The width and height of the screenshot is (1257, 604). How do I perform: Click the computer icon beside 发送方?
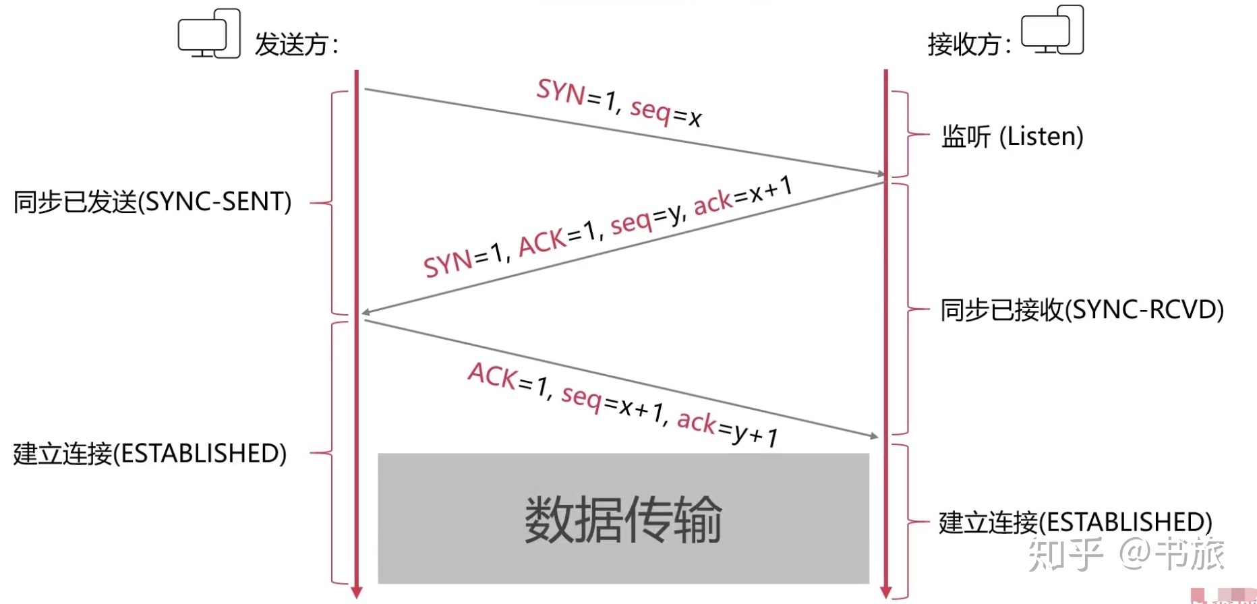(x=209, y=34)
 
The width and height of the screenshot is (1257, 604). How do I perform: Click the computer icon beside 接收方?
(x=1052, y=31)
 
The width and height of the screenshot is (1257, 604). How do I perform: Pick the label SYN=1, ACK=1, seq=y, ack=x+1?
(x=608, y=227)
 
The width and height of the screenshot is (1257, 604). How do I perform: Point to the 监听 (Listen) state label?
(x=1012, y=137)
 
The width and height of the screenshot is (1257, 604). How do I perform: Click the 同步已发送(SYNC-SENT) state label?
(x=152, y=202)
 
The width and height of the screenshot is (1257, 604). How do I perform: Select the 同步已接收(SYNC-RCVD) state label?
(x=1082, y=310)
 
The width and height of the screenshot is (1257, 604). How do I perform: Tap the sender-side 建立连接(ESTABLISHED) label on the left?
(x=150, y=454)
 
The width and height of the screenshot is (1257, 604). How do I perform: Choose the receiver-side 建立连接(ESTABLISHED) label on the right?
(x=1075, y=522)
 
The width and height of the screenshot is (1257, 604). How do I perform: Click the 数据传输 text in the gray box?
(x=623, y=519)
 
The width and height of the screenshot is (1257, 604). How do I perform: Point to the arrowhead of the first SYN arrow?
(x=880, y=174)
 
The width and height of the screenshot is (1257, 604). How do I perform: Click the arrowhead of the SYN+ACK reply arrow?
(x=366, y=312)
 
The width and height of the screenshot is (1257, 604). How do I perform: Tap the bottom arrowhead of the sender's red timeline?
(x=357, y=593)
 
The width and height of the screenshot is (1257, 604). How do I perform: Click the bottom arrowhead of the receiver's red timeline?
(x=886, y=593)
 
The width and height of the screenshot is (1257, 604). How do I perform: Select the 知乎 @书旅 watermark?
(x=1126, y=554)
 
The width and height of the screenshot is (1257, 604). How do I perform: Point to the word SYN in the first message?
(x=561, y=92)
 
